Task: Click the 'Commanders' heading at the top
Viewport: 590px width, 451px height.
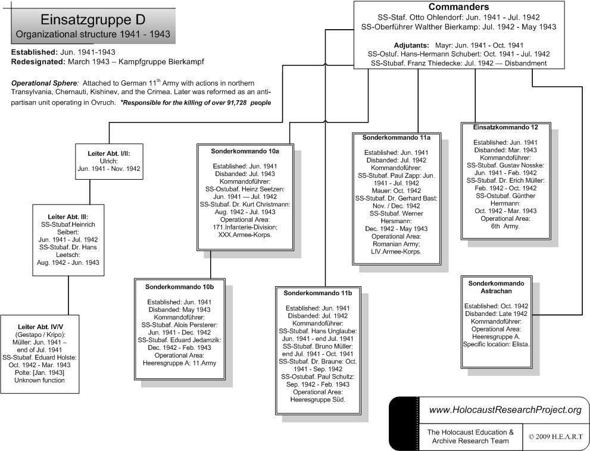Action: point(458,7)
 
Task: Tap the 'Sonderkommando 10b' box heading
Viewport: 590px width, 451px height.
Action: point(179,287)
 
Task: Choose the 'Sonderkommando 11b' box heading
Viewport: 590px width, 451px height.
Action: point(317,293)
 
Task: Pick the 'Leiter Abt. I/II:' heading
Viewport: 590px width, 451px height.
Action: point(108,154)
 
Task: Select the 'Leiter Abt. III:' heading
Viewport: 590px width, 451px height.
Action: point(68,217)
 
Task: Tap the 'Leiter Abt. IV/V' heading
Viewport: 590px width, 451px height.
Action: point(40,327)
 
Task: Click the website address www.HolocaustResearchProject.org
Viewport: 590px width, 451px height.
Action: point(505,410)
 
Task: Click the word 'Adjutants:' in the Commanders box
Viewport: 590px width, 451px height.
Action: point(411,45)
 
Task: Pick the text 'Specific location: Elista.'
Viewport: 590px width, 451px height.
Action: point(497,344)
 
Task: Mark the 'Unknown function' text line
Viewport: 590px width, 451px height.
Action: point(40,380)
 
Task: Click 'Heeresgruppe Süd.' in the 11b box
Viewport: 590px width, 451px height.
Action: point(317,399)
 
